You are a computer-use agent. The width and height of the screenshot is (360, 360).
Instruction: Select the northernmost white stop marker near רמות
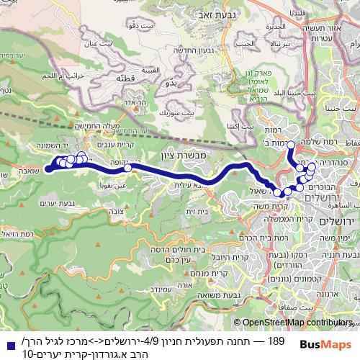(x=291, y=145)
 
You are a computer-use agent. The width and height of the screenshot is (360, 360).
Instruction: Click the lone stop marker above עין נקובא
(x=127, y=168)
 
